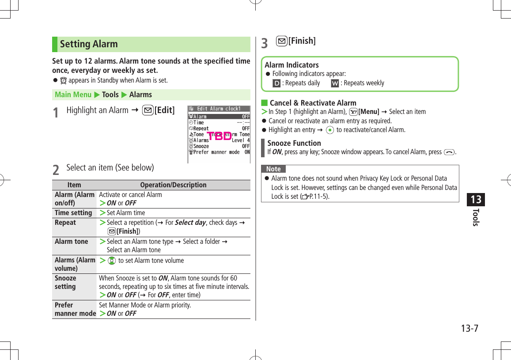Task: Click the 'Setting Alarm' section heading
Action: [89, 44]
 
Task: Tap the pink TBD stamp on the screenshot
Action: [220, 136]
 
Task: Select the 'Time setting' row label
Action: [73, 213]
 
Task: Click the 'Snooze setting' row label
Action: [65, 282]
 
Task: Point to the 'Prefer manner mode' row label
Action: [75, 309]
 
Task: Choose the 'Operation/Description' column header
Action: [173, 185]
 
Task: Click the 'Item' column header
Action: [74, 185]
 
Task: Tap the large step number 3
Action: [265, 43]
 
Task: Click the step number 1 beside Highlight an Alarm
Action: [56, 113]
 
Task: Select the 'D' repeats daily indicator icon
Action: [276, 83]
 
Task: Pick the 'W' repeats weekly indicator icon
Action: [335, 83]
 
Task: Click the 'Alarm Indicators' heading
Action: [291, 65]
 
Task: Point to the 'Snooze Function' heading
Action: [294, 143]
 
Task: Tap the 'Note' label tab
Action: [273, 169]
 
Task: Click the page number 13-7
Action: [469, 329]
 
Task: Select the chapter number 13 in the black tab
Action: [476, 200]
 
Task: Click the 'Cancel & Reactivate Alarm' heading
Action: [313, 103]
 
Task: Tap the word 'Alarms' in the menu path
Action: [140, 95]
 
